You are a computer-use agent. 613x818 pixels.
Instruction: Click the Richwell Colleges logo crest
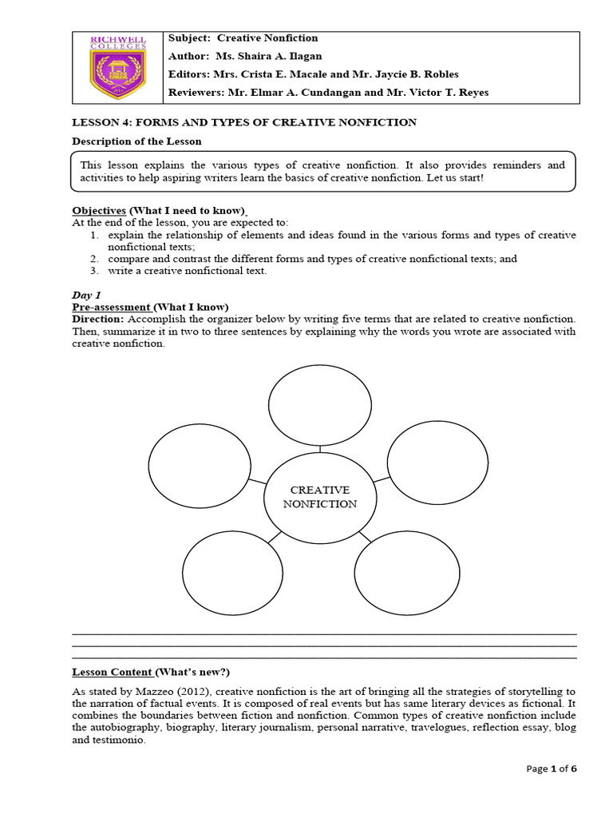[118, 68]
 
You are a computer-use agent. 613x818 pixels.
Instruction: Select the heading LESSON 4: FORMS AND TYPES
[244, 122]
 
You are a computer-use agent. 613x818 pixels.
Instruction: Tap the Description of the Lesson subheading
[136, 141]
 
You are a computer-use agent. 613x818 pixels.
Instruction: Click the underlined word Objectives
[99, 210]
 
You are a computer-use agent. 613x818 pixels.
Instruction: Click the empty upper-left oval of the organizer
[200, 463]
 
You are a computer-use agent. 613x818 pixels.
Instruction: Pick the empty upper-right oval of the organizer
[437, 461]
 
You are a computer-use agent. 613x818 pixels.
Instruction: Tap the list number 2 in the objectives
[93, 259]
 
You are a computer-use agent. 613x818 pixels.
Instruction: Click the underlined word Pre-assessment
[111, 307]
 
